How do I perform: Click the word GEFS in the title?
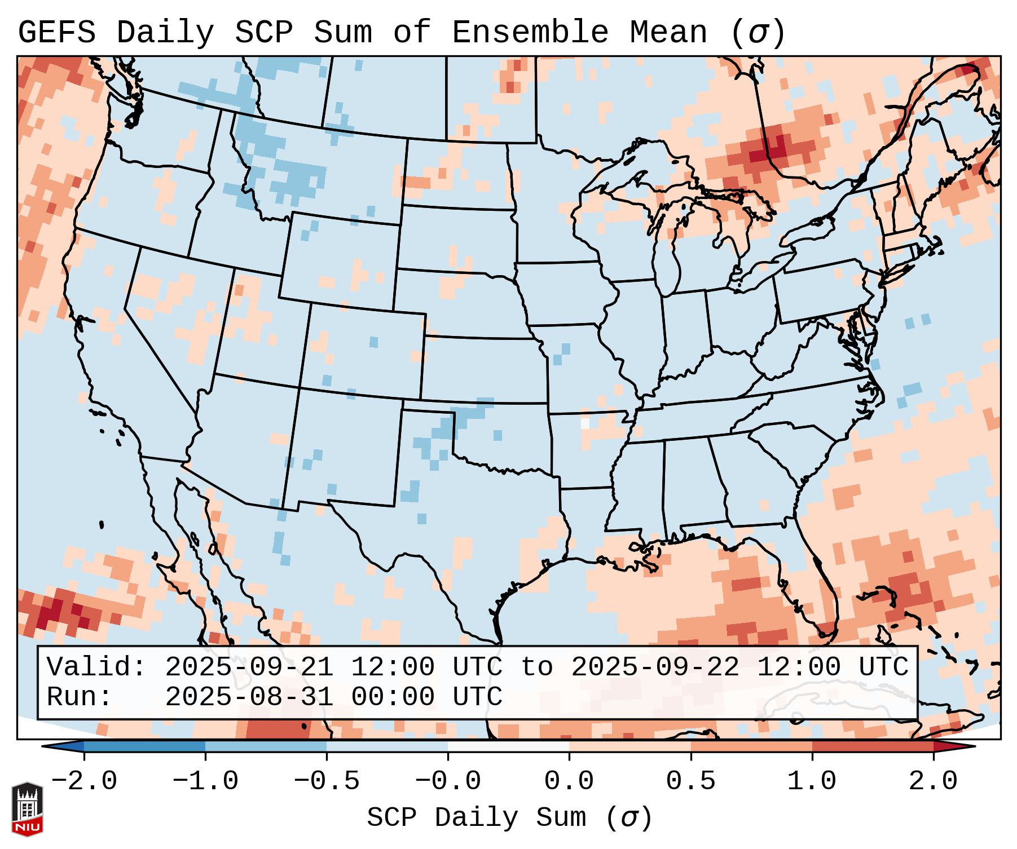[x=56, y=32]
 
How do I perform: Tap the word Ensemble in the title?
[x=530, y=32]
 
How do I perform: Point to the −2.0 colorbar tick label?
[x=84, y=781]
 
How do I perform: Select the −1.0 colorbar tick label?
[x=205, y=781]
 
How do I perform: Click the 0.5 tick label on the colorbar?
[x=690, y=781]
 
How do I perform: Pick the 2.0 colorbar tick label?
[x=933, y=781]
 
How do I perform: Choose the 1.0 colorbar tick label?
[x=812, y=781]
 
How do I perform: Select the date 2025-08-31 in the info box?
[x=249, y=697]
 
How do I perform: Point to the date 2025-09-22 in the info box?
[x=655, y=667]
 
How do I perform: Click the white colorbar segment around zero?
[x=508, y=746]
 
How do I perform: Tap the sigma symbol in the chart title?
[x=758, y=32]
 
